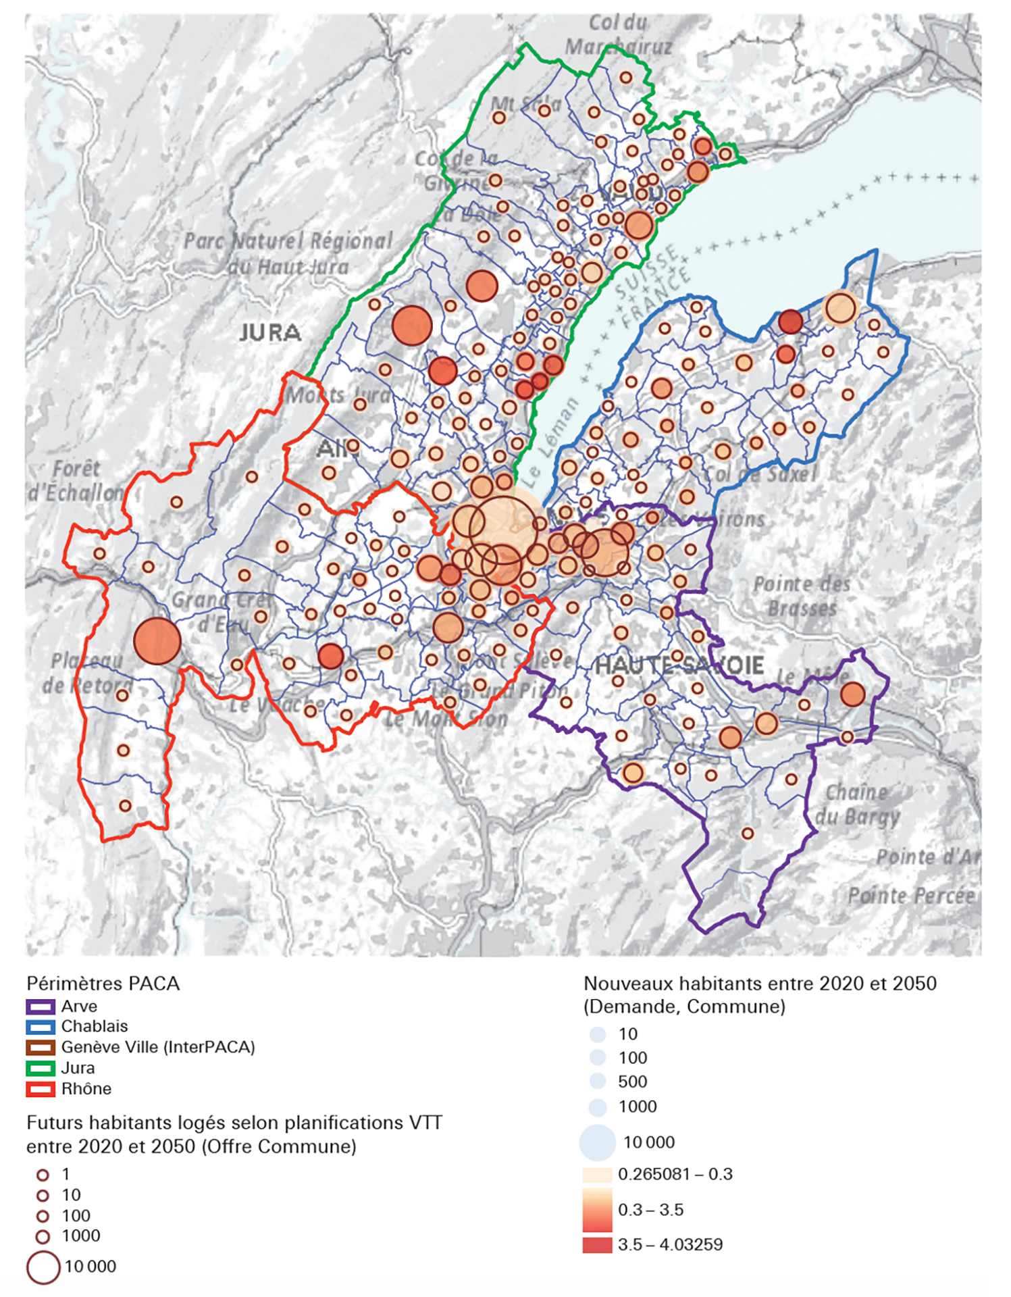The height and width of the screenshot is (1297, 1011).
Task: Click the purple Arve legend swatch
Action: pyautogui.click(x=40, y=1007)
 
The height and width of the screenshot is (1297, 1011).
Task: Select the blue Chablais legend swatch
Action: pyautogui.click(x=40, y=1027)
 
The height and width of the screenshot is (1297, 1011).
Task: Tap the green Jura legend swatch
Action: pyautogui.click(x=40, y=1069)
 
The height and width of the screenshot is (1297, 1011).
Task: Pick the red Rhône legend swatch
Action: pyautogui.click(x=40, y=1089)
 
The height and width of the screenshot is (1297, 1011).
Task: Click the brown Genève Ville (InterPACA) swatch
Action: pyautogui.click(x=40, y=1048)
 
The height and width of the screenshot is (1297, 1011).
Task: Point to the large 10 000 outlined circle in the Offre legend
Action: pyautogui.click(x=43, y=1267)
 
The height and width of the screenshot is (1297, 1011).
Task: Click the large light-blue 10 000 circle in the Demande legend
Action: pyautogui.click(x=598, y=1142)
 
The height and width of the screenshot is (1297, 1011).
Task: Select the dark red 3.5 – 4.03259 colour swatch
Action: pyautogui.click(x=597, y=1245)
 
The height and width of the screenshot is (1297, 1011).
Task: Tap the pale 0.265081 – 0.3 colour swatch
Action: pyautogui.click(x=597, y=1174)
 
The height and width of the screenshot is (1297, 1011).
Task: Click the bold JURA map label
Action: pyautogui.click(x=270, y=332)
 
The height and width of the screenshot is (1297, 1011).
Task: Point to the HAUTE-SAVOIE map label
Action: pyautogui.click(x=679, y=665)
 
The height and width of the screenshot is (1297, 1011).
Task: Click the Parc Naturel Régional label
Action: pyautogui.click(x=289, y=241)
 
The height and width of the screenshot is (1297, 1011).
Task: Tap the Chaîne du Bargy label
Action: pyautogui.click(x=856, y=804)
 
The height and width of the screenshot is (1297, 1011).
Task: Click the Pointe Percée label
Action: pyautogui.click(x=912, y=896)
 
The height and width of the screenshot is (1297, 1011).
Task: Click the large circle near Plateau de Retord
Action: pyautogui.click(x=157, y=641)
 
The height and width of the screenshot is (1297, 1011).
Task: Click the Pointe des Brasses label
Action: pyautogui.click(x=802, y=596)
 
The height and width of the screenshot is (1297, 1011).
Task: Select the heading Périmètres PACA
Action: pyautogui.click(x=103, y=984)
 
